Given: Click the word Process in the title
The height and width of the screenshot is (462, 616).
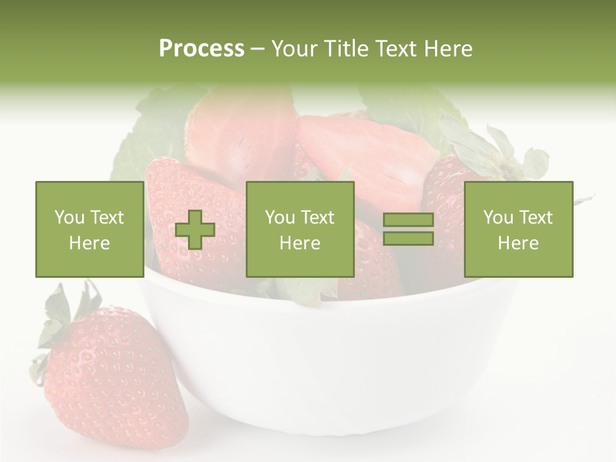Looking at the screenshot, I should pos(201,49).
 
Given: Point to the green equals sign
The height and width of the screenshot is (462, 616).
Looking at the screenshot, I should pos(408,229).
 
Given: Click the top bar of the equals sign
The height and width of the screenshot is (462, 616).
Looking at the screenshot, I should pos(408,220).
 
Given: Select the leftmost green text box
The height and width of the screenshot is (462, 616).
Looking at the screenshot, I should pos(90,229).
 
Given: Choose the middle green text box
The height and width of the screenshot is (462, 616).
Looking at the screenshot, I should pos(300,229).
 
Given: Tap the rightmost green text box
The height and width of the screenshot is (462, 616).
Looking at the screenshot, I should pos(518,229).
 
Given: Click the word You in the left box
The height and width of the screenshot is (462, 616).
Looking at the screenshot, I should pos(69,218).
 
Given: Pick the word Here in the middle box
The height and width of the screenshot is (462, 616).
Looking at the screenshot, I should pos(300,243).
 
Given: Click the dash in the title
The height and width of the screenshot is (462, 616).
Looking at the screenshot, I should pos(258,49).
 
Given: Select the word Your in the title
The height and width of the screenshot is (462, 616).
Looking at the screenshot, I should pos(294,49).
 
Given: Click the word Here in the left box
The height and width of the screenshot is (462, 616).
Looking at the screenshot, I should pos(90,243).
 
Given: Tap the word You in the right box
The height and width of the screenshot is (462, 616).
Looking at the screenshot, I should pos(498,218).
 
